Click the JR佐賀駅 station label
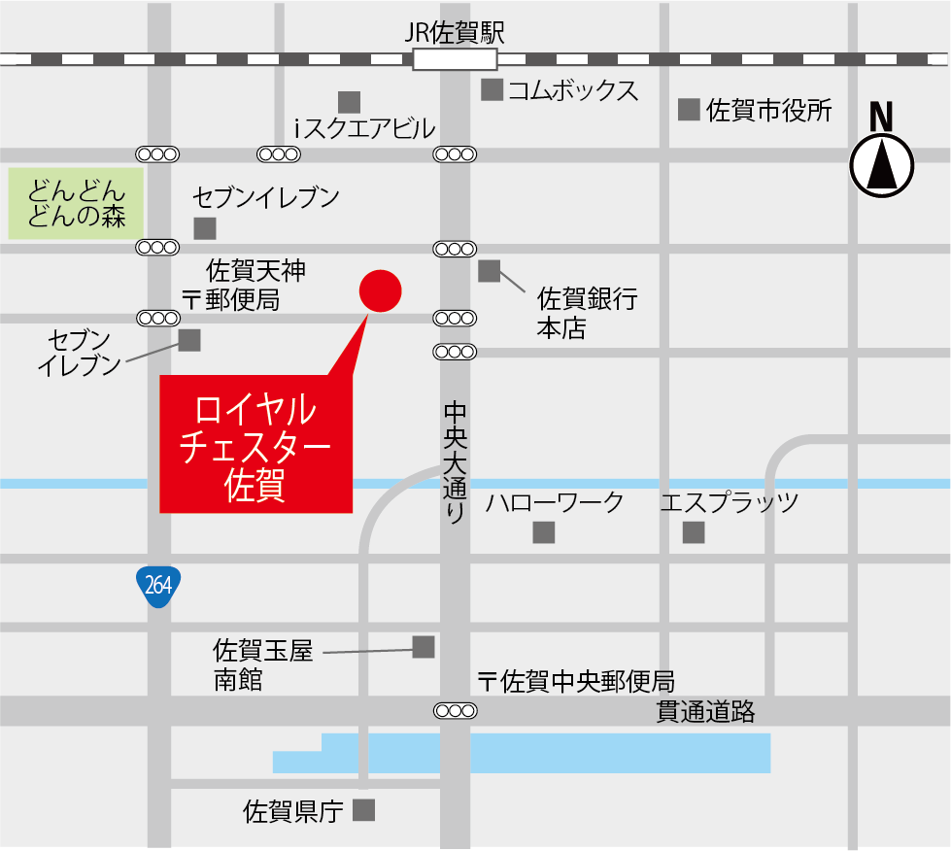455,32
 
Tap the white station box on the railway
455,59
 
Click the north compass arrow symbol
882,165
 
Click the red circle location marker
380,291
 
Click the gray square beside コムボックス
492,90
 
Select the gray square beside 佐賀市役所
689,110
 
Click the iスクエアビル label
364,128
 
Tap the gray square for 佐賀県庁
363,810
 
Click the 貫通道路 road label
705,712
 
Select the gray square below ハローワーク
543,532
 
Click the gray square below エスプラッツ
693,532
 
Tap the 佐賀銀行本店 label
587,313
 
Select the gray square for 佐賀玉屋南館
424,647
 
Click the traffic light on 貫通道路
455,711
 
